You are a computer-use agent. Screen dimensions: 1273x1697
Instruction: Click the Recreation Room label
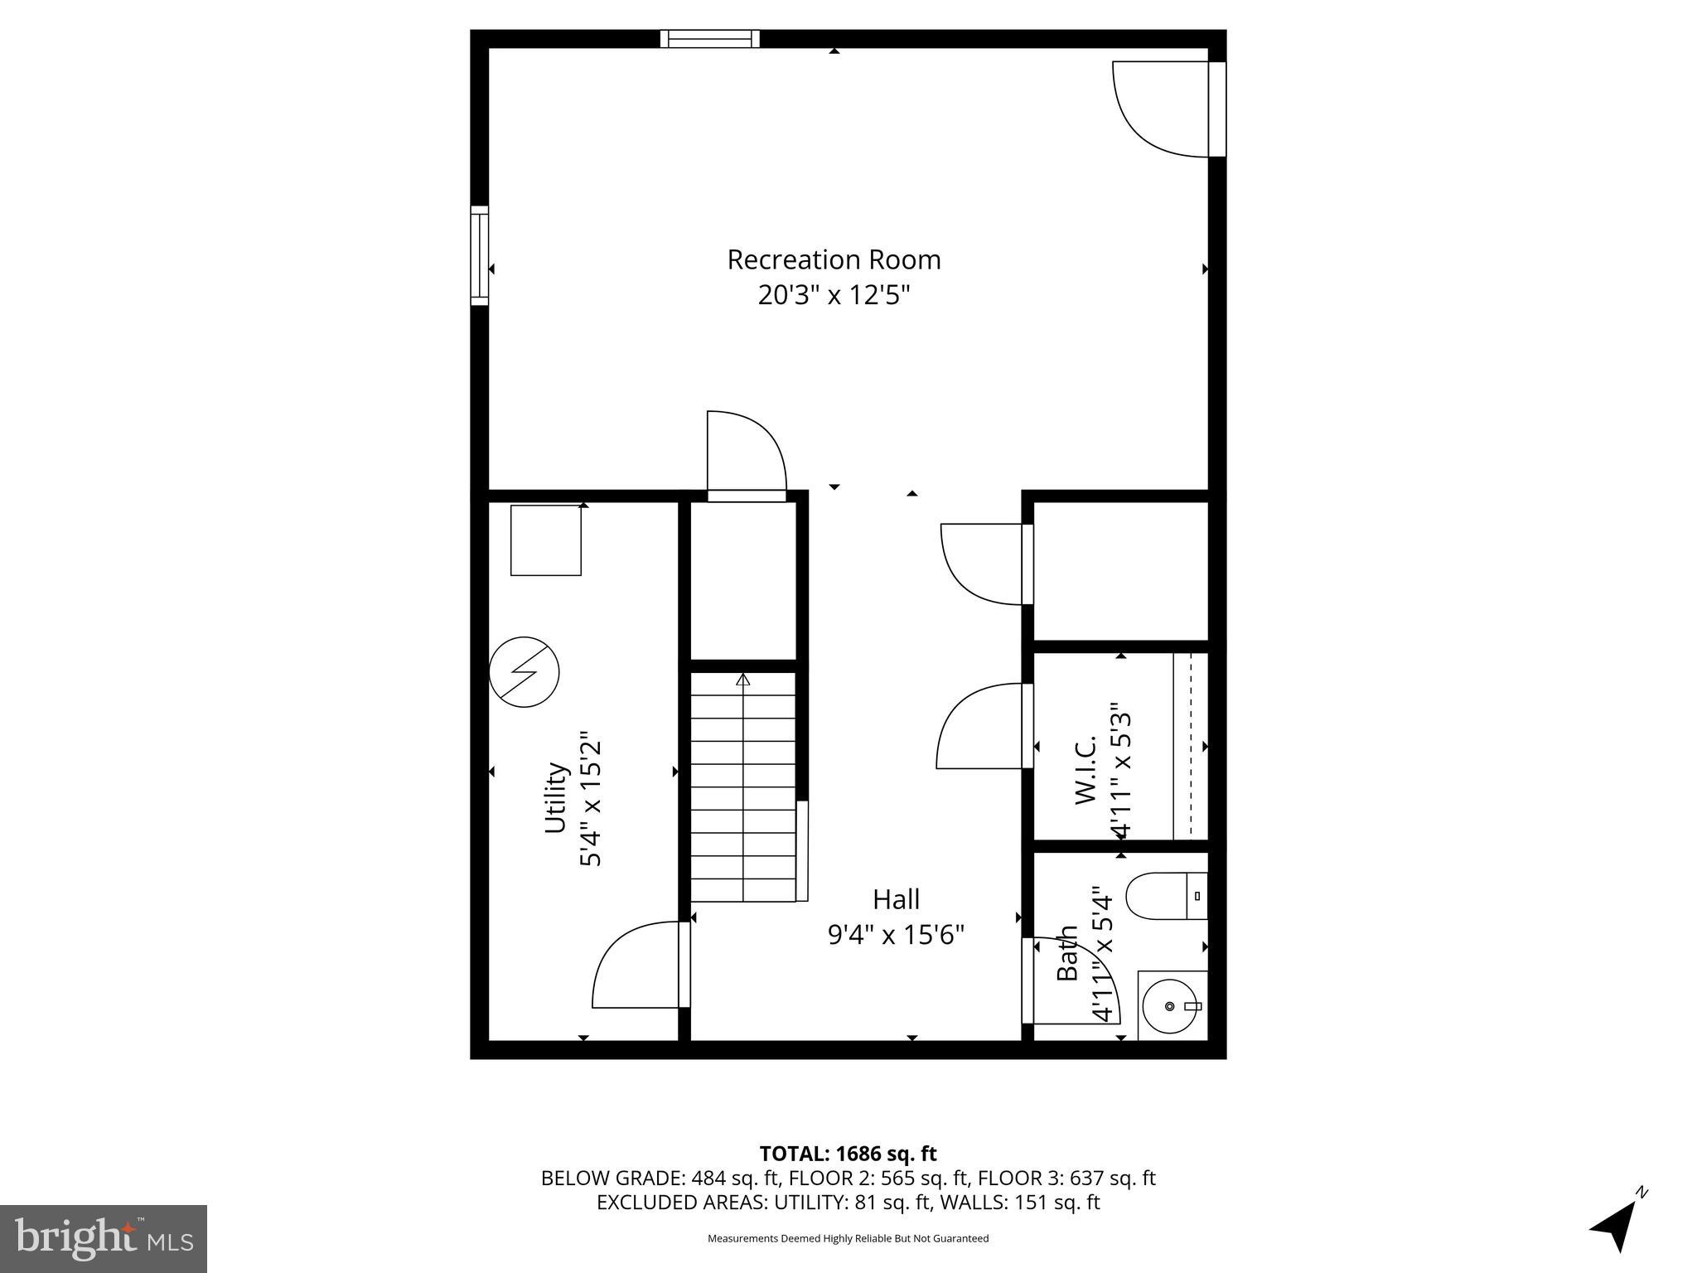[x=834, y=260]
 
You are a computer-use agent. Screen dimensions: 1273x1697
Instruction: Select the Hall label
[x=896, y=899]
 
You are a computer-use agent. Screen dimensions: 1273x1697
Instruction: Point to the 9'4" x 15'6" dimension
[x=896, y=935]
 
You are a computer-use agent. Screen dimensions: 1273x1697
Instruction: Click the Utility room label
[x=555, y=797]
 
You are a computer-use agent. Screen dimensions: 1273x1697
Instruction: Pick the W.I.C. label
[x=1086, y=768]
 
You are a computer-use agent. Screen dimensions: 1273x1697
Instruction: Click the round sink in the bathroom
[x=1169, y=1006]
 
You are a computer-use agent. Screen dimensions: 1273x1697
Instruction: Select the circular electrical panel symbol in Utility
[x=525, y=672]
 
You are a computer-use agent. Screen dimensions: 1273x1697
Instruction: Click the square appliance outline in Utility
[x=545, y=540]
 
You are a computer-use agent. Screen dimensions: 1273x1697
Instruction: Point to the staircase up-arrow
[x=743, y=680]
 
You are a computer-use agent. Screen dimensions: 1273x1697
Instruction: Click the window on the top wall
[x=710, y=39]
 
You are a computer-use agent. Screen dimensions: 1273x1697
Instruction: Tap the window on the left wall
[x=480, y=255]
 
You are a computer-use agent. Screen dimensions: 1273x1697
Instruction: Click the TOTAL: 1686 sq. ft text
[x=848, y=1154]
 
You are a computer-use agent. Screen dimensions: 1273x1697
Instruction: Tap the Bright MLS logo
[x=104, y=1239]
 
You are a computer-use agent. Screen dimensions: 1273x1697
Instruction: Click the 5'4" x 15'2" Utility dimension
[x=590, y=799]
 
